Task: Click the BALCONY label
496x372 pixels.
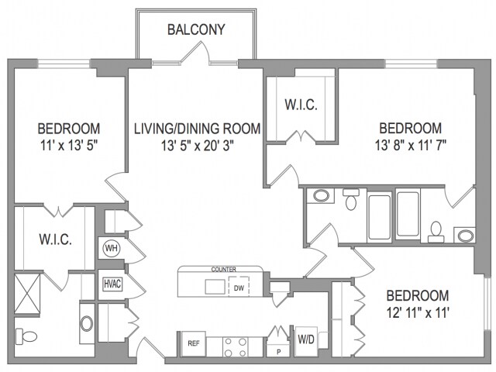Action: (x=196, y=29)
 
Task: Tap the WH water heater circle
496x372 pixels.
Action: (x=112, y=248)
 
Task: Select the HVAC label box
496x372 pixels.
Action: (x=112, y=284)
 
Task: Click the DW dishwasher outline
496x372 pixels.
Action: (x=239, y=287)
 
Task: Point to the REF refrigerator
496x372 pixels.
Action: (x=193, y=343)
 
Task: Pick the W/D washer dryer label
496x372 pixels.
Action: (x=306, y=339)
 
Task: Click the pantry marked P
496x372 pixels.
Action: (x=278, y=350)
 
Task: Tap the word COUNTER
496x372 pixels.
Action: (x=224, y=270)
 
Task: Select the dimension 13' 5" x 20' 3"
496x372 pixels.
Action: (x=198, y=146)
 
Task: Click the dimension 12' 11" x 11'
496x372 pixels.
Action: (x=418, y=313)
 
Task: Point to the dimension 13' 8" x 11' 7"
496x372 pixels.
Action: (x=411, y=146)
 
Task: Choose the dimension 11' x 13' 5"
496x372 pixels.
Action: (x=69, y=146)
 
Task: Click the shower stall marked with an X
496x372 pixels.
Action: (x=28, y=294)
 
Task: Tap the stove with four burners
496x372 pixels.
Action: (x=235, y=347)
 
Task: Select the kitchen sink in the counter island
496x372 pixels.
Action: (x=215, y=287)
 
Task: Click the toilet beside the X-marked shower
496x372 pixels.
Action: (x=26, y=336)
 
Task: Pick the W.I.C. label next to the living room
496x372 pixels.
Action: (x=301, y=105)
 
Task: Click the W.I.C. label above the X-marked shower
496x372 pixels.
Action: (x=55, y=239)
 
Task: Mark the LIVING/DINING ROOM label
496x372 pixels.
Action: (x=198, y=129)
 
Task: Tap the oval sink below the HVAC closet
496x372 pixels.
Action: (x=87, y=324)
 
